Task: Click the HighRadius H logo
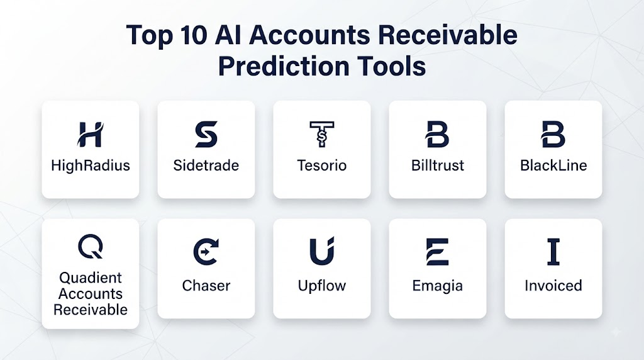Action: click(90, 135)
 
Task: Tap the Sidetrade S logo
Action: click(206, 135)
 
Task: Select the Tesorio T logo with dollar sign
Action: click(322, 134)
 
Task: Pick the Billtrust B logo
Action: click(437, 135)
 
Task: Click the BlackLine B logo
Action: click(553, 135)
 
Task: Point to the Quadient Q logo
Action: click(91, 247)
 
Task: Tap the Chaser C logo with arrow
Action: click(206, 252)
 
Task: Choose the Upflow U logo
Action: click(322, 251)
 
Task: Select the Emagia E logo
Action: click(438, 252)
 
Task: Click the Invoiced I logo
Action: click(553, 252)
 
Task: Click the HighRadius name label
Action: click(91, 166)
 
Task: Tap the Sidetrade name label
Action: click(206, 166)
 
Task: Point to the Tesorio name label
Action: click(322, 166)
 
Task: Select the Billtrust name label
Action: click(438, 166)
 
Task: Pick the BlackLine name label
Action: click(553, 166)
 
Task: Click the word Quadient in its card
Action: click(91, 278)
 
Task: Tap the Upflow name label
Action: click(322, 286)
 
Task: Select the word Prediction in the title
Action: click(284, 66)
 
